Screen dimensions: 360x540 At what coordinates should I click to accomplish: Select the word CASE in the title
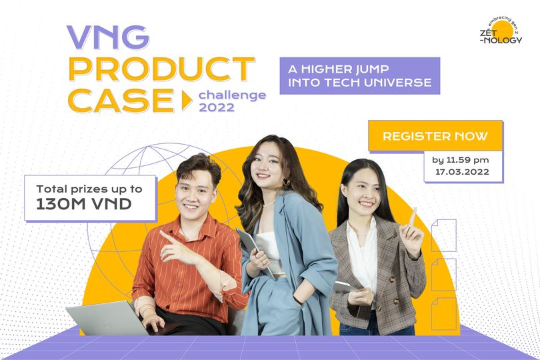[x=120, y=100]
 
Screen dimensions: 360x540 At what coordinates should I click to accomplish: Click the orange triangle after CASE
[x=186, y=101]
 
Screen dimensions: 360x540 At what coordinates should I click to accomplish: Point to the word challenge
[x=232, y=95]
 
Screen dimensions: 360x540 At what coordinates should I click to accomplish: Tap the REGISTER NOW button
[x=435, y=136]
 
